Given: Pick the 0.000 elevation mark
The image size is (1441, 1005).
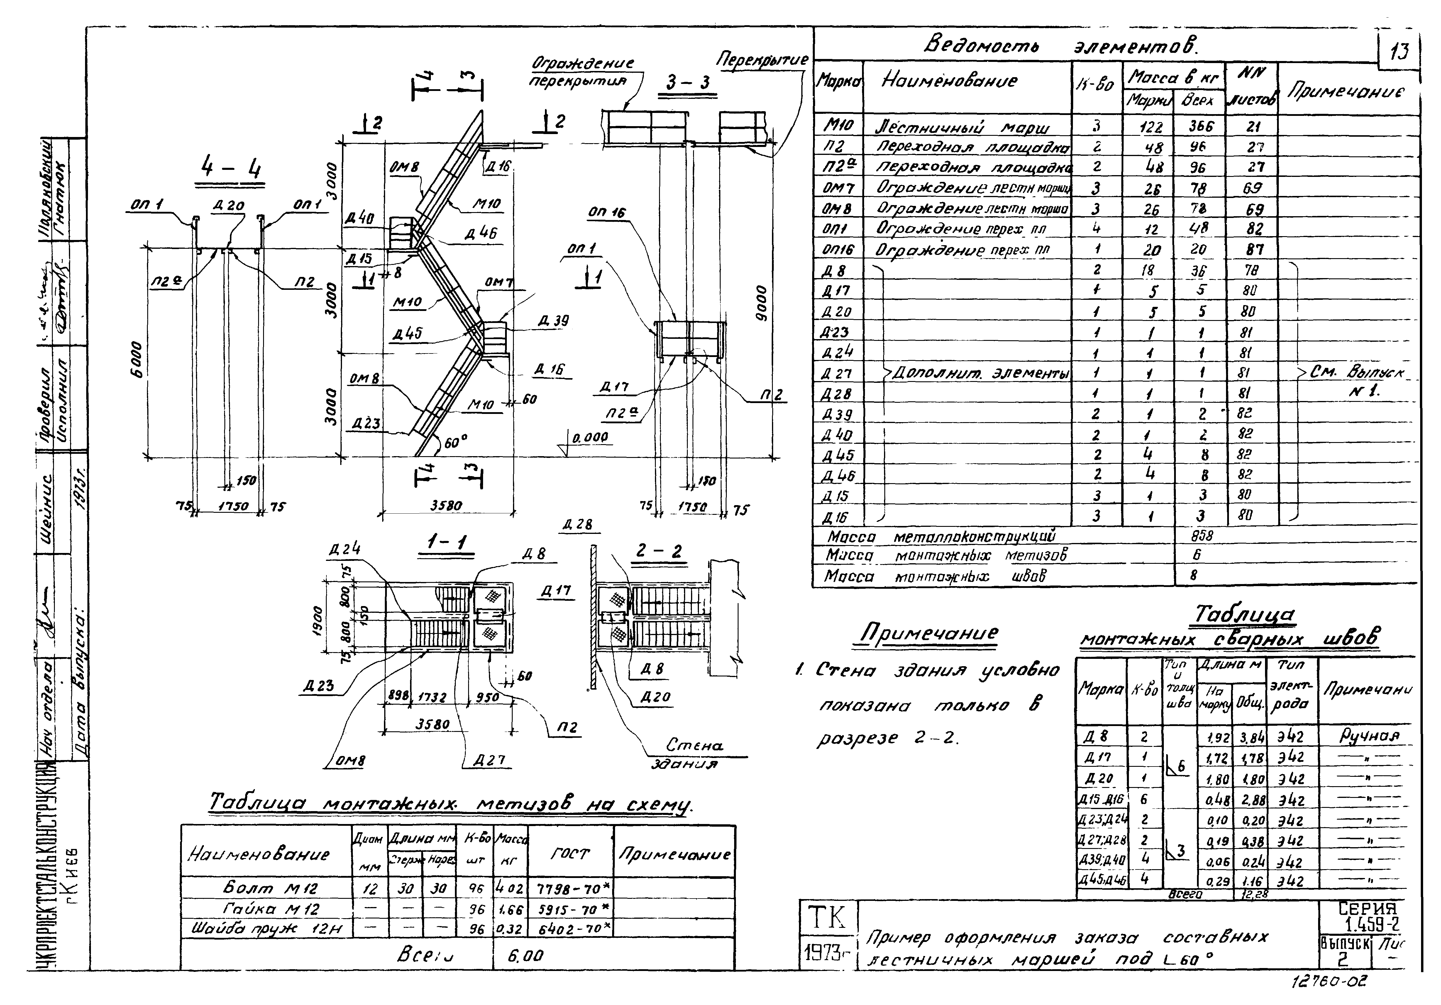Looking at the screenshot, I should click(x=589, y=438).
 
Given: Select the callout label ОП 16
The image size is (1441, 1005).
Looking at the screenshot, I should click(x=606, y=213).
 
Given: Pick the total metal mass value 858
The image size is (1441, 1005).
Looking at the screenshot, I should click(x=1202, y=535).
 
